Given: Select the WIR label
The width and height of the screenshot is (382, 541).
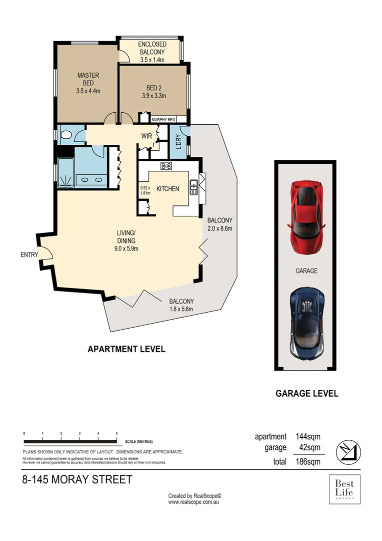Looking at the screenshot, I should pos(146,135).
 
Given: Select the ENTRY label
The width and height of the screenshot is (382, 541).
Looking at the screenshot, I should pos(29,254).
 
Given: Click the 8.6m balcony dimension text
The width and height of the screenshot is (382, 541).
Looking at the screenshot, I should pos(220,228).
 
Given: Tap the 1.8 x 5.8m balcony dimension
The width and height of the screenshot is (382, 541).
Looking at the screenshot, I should pos(181,309).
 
